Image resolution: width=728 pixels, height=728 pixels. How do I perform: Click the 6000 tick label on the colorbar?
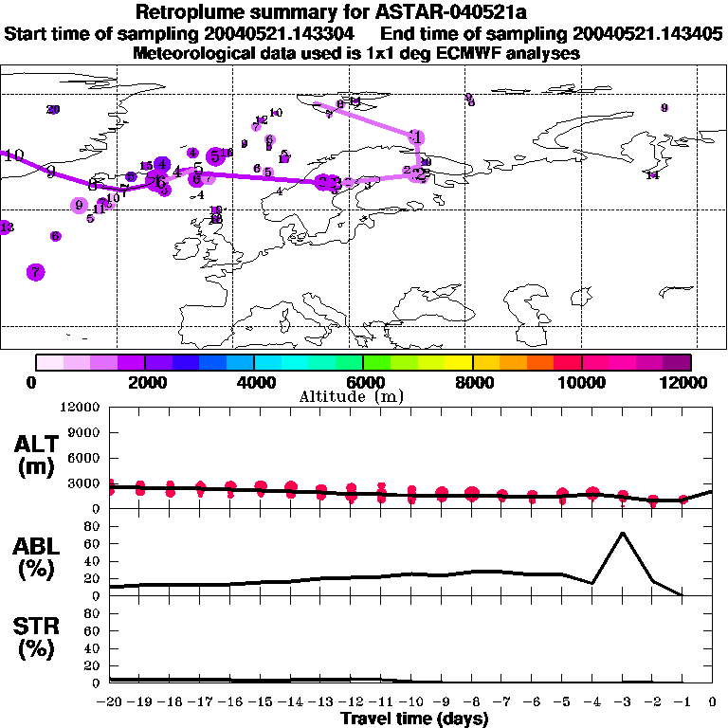pos(363,382)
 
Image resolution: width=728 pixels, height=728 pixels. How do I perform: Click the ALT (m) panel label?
pos(35,455)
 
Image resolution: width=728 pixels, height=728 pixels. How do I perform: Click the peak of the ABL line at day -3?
pos(622,533)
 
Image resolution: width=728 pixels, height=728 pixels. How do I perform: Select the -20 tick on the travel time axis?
pos(110,701)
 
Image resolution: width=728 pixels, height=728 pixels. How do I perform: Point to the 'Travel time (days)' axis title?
pos(415,719)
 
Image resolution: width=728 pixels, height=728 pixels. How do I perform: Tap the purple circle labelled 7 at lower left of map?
pos(36,272)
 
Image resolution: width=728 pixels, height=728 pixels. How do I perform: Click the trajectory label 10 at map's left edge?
pos(13,155)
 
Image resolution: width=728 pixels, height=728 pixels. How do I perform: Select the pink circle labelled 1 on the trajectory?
pos(416,137)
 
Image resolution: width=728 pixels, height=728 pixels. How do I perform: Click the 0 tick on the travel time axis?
pos(713,701)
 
